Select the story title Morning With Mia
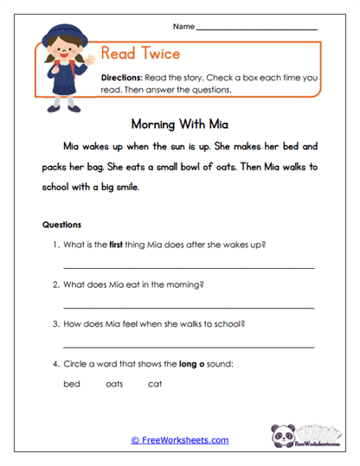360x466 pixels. (x=180, y=123)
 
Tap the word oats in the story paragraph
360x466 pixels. (x=215, y=166)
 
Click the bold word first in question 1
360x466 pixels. (x=114, y=244)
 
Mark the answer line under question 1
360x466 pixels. (x=189, y=267)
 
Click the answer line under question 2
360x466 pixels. (x=189, y=307)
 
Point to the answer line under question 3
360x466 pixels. (x=189, y=347)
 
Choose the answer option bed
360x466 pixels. (x=72, y=384)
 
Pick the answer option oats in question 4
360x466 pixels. (x=114, y=384)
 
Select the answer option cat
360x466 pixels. (x=155, y=384)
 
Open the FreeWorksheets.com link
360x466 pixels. (x=180, y=440)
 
